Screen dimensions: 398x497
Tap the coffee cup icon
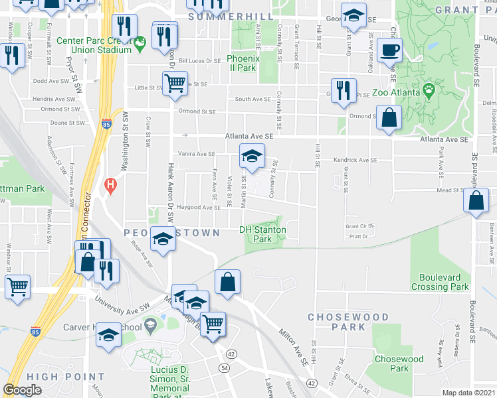(x=389, y=49)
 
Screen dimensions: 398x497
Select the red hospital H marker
(x=111, y=184)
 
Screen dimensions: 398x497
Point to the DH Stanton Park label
(x=263, y=234)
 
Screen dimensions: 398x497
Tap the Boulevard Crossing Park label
(x=444, y=282)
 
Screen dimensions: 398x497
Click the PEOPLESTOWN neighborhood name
(x=171, y=233)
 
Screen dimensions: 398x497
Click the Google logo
(x=22, y=390)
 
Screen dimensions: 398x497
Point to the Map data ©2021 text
(x=468, y=393)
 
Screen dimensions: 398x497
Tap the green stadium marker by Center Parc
(x=140, y=44)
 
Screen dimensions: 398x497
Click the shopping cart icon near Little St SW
(x=174, y=84)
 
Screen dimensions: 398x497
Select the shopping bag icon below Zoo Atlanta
(x=389, y=119)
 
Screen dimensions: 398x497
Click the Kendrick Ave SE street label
(x=355, y=160)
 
